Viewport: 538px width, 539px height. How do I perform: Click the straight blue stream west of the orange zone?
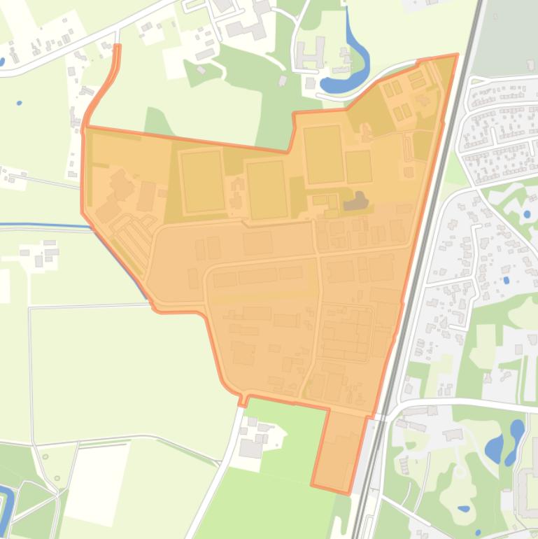click(x=42, y=226)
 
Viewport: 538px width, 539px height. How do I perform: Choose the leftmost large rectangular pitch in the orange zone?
click(x=201, y=181)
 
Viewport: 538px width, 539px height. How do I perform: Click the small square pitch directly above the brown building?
click(x=358, y=166)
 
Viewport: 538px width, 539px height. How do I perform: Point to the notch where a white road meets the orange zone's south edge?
click(x=244, y=400)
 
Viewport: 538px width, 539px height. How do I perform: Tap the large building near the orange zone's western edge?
click(x=120, y=186)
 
